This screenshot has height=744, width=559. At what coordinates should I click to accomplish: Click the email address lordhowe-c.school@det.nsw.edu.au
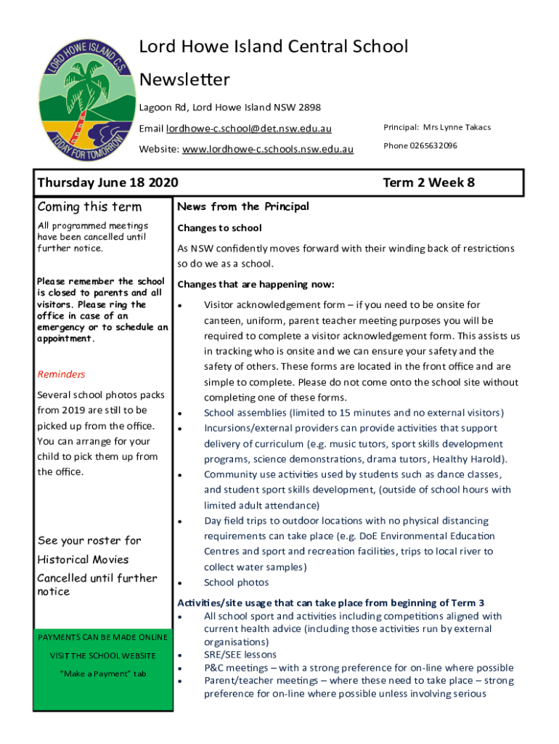pos(248,129)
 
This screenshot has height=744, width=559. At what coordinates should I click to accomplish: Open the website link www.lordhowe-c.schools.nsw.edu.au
pos(268,149)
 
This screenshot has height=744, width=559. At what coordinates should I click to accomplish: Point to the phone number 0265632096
pos(433,145)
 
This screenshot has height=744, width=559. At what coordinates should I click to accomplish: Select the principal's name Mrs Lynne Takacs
pos(457,127)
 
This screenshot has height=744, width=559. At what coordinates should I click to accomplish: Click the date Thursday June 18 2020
pos(108,182)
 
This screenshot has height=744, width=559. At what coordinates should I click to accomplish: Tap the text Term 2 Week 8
pos(428,182)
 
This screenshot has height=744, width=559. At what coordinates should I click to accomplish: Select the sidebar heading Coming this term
pos(89,208)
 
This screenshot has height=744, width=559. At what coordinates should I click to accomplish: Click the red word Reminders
pos(61,374)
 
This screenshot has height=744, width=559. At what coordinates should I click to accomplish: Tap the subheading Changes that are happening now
pos(256,284)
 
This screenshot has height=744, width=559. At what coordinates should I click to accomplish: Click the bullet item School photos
pos(236,582)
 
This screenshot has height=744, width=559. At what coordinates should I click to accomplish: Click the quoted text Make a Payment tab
pos(102,674)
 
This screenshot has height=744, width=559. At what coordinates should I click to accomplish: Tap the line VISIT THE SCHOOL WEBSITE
pos(102,655)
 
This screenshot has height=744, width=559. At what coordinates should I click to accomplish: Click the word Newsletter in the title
pos(184,78)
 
